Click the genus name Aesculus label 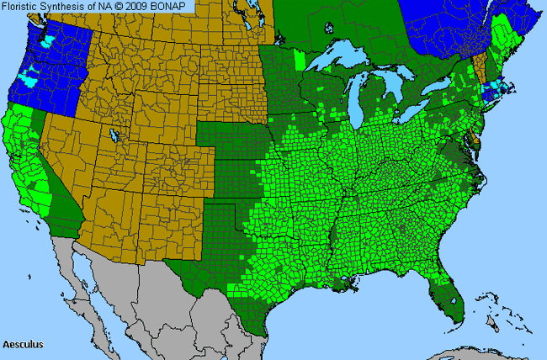pyautogui.click(x=23, y=345)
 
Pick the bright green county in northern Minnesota pyautogui.click(x=301, y=61)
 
